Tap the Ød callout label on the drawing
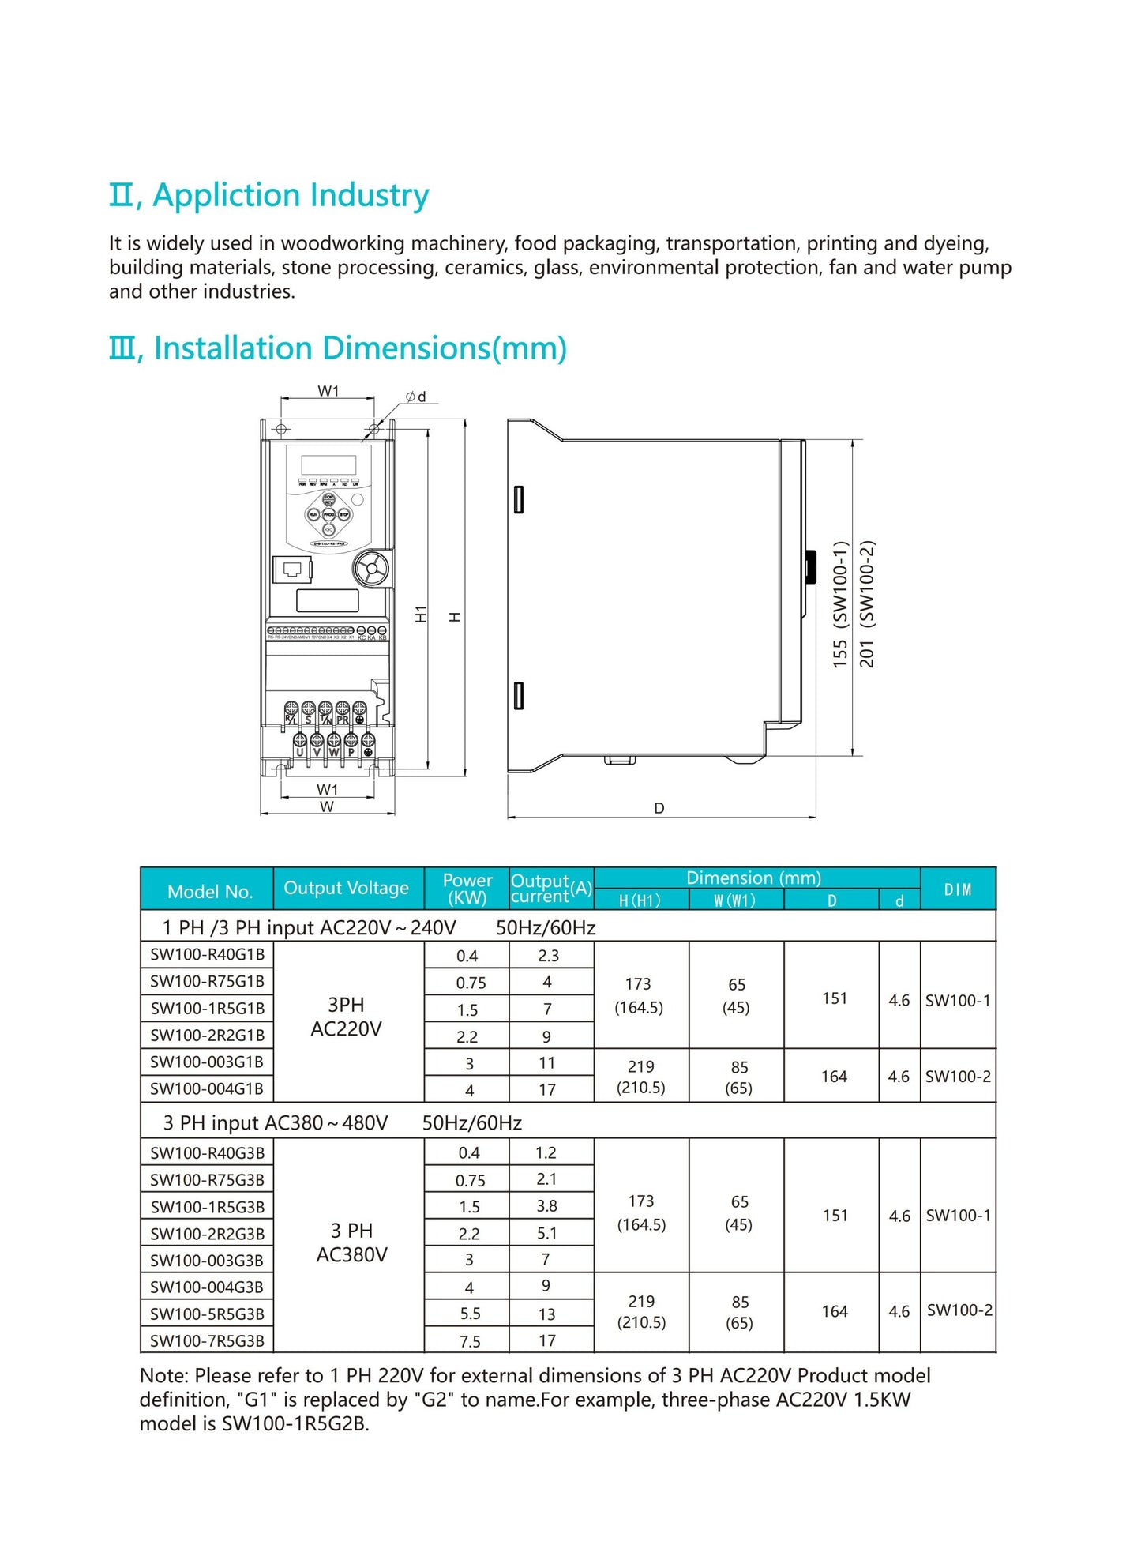point(416,397)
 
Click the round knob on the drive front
point(371,568)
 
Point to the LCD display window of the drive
point(328,464)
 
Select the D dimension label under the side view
point(659,808)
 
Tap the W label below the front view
point(327,807)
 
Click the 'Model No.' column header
point(209,892)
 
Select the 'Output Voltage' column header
point(346,888)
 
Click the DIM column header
point(958,889)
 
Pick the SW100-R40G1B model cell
point(208,954)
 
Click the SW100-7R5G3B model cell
point(208,1340)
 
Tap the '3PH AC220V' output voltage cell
point(347,1017)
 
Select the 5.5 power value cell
point(470,1314)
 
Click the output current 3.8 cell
point(546,1206)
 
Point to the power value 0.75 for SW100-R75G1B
point(471,983)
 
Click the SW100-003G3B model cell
point(208,1260)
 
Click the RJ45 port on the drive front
point(292,569)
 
